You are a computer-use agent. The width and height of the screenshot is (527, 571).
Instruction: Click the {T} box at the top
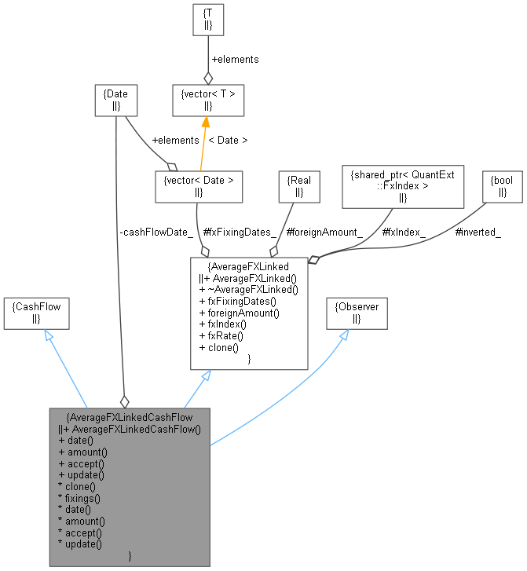tap(208, 20)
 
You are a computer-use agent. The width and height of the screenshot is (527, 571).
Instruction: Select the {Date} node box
tap(115, 99)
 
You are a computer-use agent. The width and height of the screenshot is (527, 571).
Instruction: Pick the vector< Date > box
tap(199, 185)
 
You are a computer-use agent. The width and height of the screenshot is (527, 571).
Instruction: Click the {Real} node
tap(299, 185)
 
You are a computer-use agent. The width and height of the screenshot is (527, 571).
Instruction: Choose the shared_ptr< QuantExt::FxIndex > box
tap(403, 185)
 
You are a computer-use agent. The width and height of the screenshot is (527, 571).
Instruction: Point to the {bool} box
tap(502, 185)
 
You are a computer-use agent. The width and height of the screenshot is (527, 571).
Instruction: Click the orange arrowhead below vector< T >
tap(205, 121)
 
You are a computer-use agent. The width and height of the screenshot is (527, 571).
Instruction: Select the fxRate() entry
tap(223, 335)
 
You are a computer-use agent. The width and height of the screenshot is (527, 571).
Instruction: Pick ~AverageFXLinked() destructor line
tap(248, 289)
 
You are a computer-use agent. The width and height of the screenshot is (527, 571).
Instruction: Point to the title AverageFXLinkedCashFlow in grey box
tap(130, 417)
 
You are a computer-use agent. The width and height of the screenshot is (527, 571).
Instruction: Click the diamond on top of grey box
tap(123, 402)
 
